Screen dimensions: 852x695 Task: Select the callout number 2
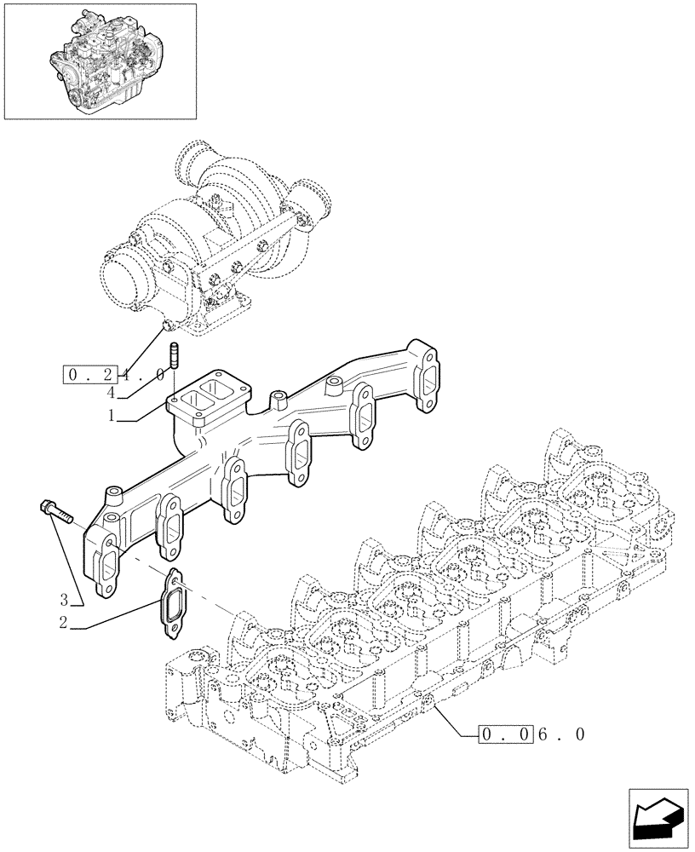coord(63,623)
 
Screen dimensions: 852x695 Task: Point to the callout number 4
coord(111,393)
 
